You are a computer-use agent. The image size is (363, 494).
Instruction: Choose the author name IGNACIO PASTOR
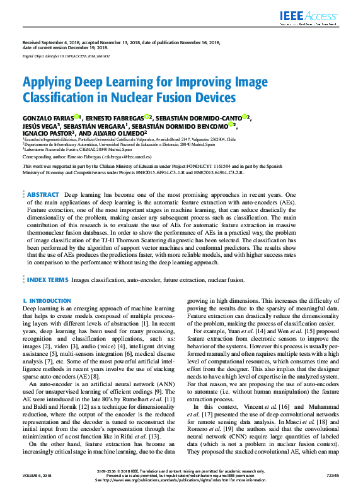pos(47,134)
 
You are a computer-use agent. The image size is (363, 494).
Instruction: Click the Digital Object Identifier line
pos(66,56)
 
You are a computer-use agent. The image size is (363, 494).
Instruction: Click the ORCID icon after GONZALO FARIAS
pos(77,117)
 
